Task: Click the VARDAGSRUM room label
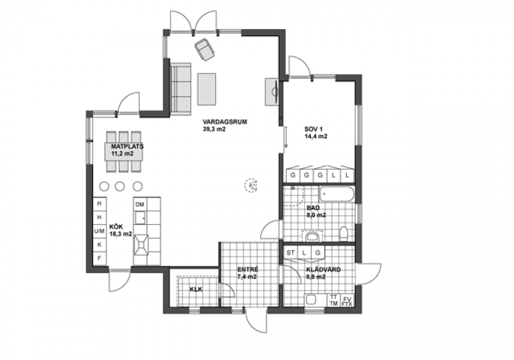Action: [224, 122]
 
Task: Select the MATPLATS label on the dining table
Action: [127, 146]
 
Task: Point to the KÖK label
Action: [116, 227]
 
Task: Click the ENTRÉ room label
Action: [248, 269]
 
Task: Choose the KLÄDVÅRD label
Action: [323, 269]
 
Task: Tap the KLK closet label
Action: [196, 289]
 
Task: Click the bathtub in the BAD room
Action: [337, 194]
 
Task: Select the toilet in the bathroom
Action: [344, 234]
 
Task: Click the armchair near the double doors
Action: [204, 50]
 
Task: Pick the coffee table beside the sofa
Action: [206, 89]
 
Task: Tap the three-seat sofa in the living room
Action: [181, 89]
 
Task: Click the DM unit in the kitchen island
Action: [140, 204]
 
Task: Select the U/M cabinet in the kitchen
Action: [100, 231]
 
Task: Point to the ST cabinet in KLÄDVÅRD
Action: [290, 253]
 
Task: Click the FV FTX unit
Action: [347, 301]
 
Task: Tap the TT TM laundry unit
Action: [333, 301]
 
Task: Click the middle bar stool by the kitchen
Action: [120, 186]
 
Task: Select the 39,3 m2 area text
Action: [214, 129]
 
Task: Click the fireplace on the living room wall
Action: [272, 92]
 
